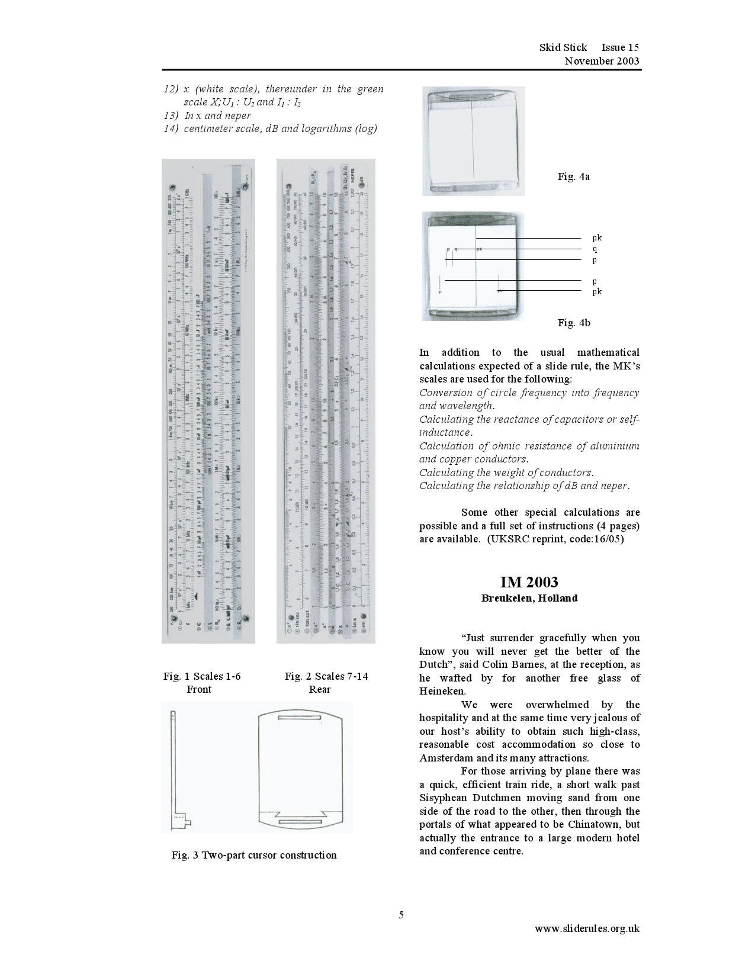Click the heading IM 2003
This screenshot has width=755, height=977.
[529, 582]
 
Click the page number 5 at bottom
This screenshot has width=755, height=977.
[401, 915]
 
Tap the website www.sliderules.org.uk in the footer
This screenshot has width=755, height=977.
[587, 928]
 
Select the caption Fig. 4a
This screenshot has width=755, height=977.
[573, 176]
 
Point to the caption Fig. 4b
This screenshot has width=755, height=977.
[573, 323]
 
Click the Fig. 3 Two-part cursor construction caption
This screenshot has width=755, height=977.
[254, 855]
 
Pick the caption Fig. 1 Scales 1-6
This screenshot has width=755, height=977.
[202, 676]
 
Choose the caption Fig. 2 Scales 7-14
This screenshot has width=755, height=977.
[326, 676]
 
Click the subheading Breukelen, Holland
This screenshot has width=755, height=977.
[529, 598]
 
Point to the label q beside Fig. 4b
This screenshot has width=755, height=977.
[595, 249]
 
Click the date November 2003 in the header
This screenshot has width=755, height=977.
[602, 61]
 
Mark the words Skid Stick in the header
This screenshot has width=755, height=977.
[563, 47]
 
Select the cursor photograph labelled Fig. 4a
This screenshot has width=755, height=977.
[473, 141]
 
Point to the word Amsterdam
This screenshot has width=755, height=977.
[446, 758]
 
